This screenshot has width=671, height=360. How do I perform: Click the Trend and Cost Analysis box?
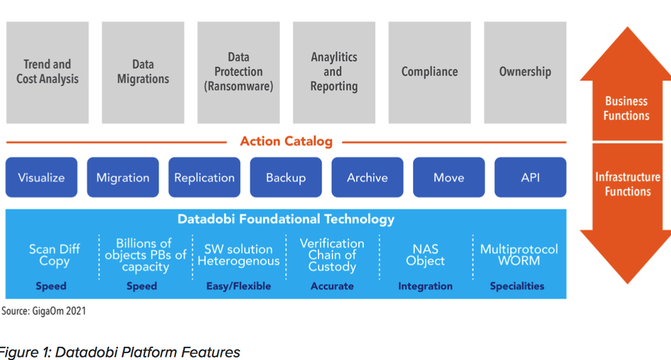(47, 72)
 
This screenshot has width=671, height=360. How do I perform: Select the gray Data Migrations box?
(143, 72)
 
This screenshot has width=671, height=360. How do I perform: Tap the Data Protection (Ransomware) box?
(238, 72)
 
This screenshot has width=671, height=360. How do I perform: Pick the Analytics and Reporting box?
(334, 72)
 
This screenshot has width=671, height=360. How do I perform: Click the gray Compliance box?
(429, 72)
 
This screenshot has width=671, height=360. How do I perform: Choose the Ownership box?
(525, 72)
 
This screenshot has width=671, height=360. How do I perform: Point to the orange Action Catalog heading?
(286, 141)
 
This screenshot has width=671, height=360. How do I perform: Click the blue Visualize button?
(41, 178)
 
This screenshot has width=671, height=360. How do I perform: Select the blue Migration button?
(122, 178)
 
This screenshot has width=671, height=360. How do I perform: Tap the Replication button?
(204, 178)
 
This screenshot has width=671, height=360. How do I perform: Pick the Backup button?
(286, 178)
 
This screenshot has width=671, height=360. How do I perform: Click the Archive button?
(367, 178)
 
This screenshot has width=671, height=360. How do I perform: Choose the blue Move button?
(448, 178)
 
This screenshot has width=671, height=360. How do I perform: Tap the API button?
(530, 178)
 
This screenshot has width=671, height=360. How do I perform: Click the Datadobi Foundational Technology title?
(286, 219)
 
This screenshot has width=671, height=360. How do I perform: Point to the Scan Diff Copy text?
(54, 255)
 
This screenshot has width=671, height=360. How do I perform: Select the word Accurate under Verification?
(332, 286)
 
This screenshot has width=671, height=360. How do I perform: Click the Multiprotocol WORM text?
(518, 255)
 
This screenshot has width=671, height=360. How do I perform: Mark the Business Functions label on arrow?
(626, 108)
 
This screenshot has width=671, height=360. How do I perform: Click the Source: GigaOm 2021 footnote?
(44, 311)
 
